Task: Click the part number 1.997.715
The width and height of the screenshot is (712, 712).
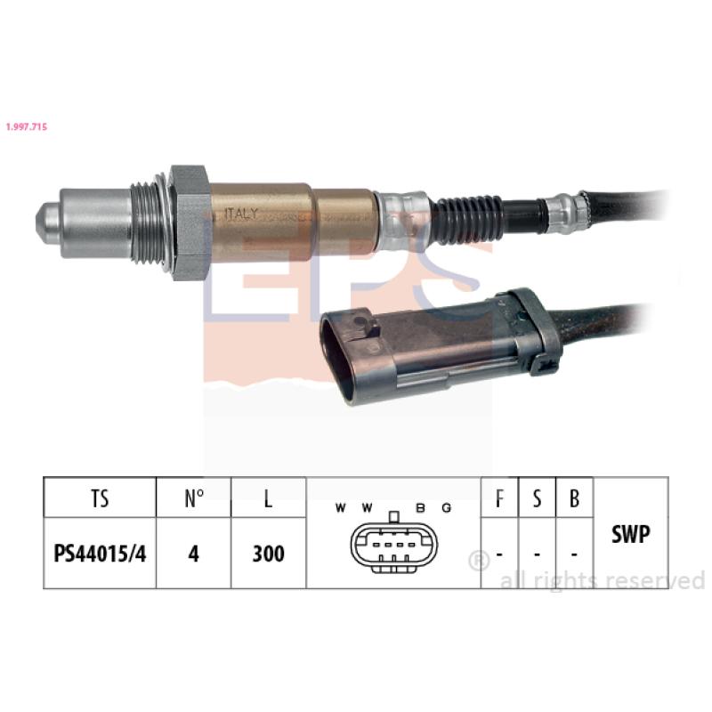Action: click(x=27, y=126)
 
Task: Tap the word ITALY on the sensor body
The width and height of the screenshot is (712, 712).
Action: click(x=241, y=214)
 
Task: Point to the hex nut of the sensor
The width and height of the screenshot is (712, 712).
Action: click(x=190, y=223)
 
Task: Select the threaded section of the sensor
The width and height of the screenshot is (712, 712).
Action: click(x=150, y=223)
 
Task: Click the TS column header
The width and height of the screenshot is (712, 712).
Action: click(x=100, y=498)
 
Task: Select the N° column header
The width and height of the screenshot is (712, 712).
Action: click(x=194, y=498)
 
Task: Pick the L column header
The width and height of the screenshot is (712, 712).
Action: click(x=269, y=498)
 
